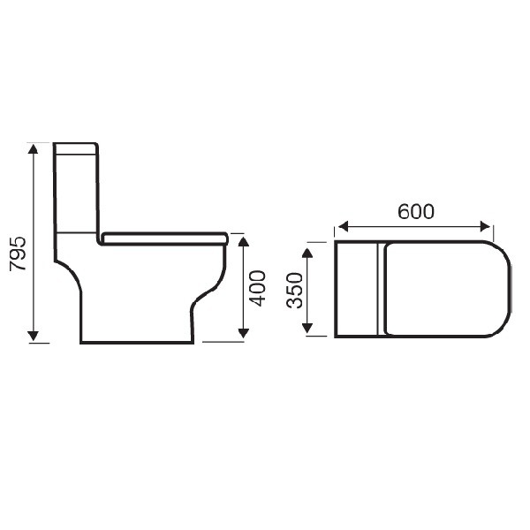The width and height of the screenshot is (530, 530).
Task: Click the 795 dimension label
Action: coord(18,254)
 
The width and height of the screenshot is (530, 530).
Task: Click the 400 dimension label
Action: coord(257,288)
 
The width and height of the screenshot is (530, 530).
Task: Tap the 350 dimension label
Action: coord(294,291)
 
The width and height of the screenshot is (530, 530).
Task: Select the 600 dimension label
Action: coord(415,212)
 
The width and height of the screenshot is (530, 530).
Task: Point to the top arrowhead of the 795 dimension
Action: coord(33,148)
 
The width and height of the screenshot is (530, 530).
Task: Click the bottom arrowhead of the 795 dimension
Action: coord(33,336)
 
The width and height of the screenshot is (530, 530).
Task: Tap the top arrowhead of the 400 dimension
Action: coord(244,242)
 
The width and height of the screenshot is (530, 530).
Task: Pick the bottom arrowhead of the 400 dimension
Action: coord(244,333)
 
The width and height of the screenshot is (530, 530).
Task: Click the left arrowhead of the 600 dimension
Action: coord(343,226)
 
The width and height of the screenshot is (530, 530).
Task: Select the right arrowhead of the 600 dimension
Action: coord(485,226)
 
